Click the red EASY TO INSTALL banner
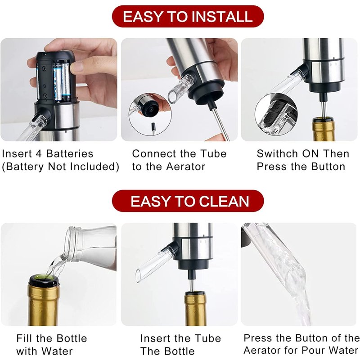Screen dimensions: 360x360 point(188,17)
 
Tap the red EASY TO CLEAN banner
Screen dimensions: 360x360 point(188,201)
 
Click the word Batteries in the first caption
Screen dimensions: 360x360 point(70,153)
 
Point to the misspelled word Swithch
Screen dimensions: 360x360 point(277,153)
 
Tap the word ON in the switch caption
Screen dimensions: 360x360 point(310,153)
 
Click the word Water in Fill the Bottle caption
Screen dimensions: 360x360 point(57,351)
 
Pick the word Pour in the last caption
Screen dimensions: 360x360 point(314,351)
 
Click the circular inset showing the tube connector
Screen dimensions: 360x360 point(150,114)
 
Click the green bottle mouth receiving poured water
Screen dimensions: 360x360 point(44,279)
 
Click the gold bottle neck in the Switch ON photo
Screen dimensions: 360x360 point(324,129)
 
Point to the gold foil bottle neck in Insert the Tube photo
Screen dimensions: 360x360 point(195,309)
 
